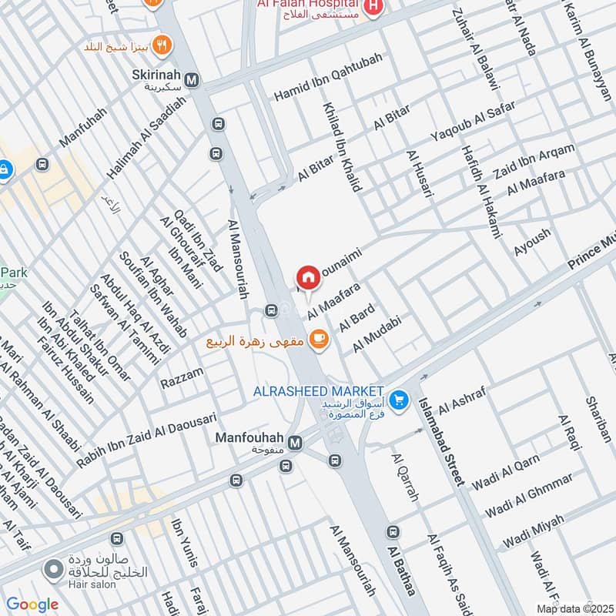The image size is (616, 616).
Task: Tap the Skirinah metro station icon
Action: click(x=191, y=79)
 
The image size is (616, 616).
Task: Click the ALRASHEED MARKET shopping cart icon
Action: click(x=398, y=400)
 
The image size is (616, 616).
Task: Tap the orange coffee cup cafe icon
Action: click(x=316, y=338)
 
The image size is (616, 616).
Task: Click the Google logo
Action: click(x=32, y=604)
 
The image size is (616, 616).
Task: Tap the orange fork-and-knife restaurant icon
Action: click(x=162, y=43)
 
